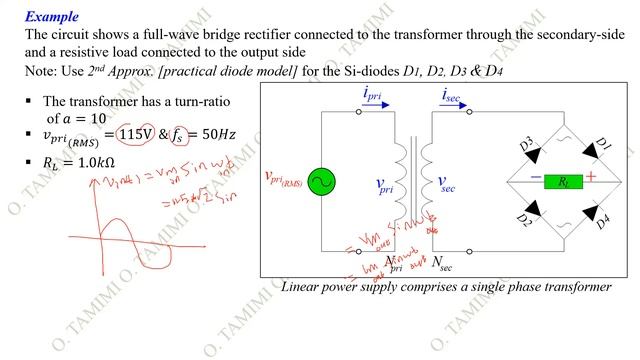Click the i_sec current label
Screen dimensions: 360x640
[x=456, y=96]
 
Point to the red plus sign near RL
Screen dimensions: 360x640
[x=591, y=177]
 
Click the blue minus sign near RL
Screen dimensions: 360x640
[x=536, y=178]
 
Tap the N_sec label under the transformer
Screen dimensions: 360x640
[x=442, y=263]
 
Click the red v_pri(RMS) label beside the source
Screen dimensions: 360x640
[x=283, y=179]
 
